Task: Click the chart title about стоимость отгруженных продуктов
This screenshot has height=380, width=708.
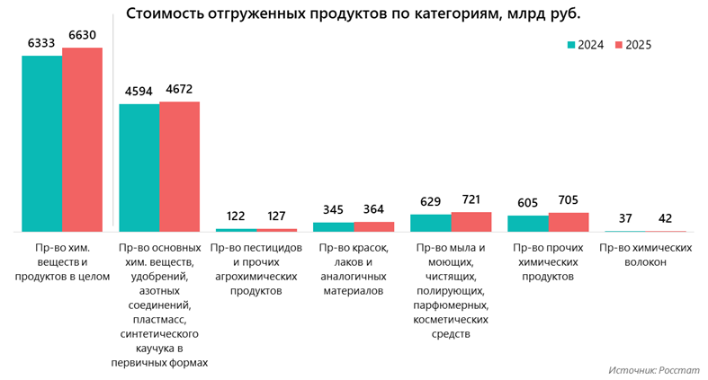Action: [x=353, y=14]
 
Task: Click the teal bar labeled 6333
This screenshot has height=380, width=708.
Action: [x=41, y=144]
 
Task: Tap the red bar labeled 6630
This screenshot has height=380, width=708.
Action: [x=82, y=139]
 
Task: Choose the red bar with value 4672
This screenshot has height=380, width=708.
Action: [x=179, y=166]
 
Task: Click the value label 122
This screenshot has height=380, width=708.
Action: [x=236, y=217]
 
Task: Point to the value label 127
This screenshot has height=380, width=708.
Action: [x=276, y=217]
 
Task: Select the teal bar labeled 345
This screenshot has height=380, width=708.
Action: [x=333, y=226]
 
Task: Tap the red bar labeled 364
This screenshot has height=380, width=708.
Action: [x=373, y=226]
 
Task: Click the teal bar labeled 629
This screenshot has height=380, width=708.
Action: [x=430, y=223]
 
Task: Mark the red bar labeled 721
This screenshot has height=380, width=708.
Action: [x=471, y=222]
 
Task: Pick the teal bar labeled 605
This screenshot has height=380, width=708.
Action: [x=527, y=224]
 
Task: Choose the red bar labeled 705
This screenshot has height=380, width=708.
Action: [x=568, y=222]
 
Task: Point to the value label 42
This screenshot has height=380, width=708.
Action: [x=665, y=218]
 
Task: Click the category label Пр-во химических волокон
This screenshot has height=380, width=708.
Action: [x=645, y=254]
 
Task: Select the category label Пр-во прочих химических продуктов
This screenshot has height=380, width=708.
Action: [x=548, y=261]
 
